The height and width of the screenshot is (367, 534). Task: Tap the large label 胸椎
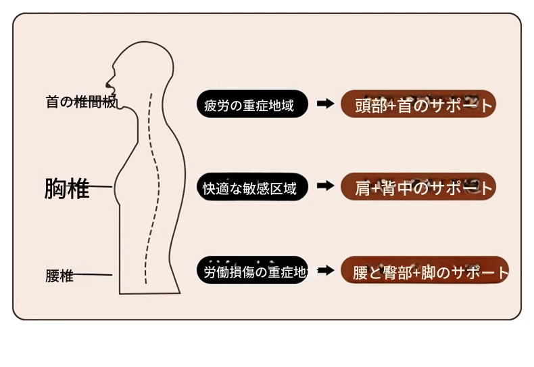(67, 188)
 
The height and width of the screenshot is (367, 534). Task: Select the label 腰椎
(59, 276)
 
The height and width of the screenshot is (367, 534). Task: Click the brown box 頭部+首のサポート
(418, 104)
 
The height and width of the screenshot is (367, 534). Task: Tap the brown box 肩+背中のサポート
(418, 188)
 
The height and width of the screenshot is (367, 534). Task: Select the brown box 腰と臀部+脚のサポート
(424, 272)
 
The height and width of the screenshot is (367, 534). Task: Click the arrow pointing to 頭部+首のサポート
(325, 104)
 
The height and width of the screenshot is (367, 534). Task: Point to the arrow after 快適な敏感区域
(325, 186)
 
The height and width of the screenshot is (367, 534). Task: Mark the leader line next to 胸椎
(101, 186)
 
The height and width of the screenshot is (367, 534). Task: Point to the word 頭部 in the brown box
(370, 106)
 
